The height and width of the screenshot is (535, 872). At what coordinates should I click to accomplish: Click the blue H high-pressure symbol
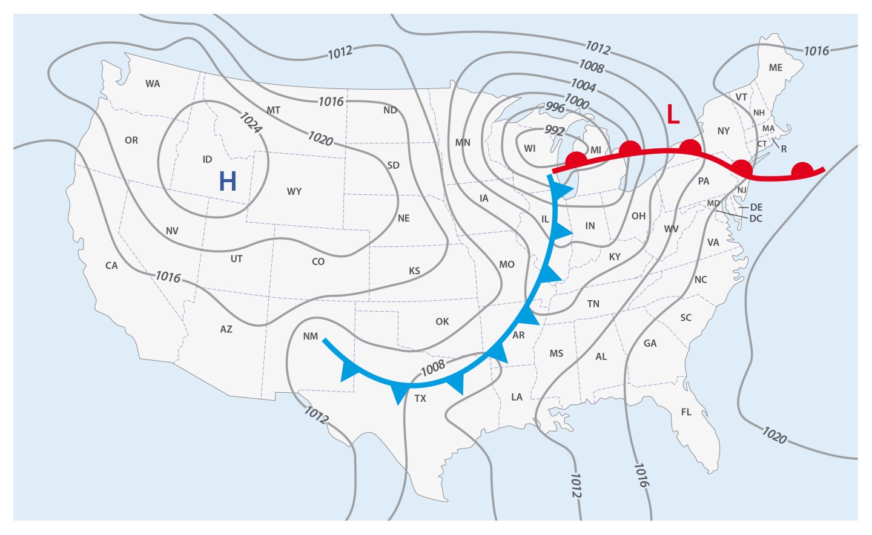coord(228,181)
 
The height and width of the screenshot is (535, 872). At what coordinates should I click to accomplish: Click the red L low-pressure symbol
coord(673,114)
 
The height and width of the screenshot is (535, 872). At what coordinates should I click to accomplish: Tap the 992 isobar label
coord(555,131)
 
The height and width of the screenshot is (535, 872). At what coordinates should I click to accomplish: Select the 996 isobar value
coord(555,108)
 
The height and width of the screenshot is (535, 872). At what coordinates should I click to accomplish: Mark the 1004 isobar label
coord(584,85)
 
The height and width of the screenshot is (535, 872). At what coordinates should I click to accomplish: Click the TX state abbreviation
coord(420,398)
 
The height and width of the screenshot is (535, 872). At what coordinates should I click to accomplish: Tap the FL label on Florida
coord(686,412)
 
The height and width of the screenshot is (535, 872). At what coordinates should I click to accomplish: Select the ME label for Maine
coord(776,68)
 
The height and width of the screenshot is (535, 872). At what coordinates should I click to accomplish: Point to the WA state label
coord(153,84)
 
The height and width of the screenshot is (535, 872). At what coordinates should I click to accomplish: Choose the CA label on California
coord(111,266)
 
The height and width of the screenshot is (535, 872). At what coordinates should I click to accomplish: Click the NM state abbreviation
coord(311,336)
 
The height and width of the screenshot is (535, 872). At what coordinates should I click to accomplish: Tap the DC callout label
coord(756,218)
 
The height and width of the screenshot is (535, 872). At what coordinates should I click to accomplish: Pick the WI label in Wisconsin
coord(530,148)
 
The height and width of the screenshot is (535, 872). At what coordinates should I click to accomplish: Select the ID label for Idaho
coord(207,160)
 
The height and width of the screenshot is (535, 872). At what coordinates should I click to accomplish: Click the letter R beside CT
coord(784,149)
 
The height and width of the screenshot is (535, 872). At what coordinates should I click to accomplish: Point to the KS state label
coord(414,271)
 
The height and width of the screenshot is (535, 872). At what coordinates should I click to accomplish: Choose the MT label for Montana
coord(273,110)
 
